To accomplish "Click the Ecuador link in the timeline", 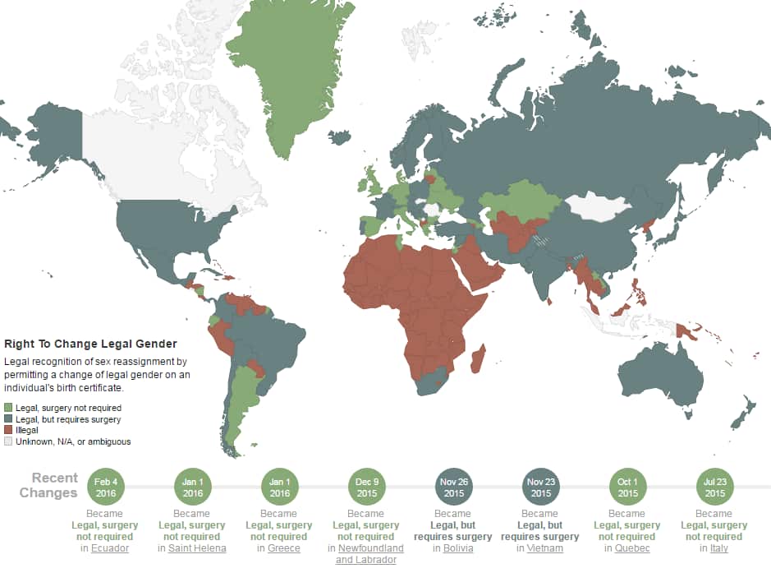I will [x=109, y=548].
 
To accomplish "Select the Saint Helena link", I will [x=197, y=548].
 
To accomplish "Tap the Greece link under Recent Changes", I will [x=283, y=548].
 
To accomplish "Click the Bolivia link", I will [x=457, y=548].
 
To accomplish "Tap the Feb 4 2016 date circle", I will [x=104, y=488].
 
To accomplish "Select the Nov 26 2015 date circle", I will [x=453, y=488].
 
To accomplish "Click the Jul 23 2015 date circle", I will [x=714, y=488].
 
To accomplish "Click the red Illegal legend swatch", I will [x=9, y=430].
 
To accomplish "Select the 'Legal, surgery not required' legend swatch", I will [x=9, y=408].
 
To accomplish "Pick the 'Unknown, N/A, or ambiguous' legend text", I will [x=72, y=441].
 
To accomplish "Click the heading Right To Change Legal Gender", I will [x=90, y=344].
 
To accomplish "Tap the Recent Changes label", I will [x=55, y=485].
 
